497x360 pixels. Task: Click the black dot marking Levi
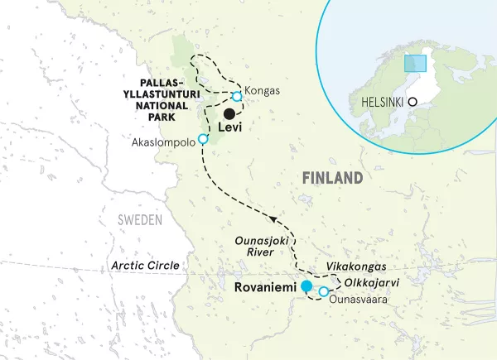tap(228, 113)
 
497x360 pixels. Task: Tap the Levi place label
tap(233, 129)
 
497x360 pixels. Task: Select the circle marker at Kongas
tap(237, 97)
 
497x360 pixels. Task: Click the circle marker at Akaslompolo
tap(203, 138)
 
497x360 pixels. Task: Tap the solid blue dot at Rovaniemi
tap(306, 286)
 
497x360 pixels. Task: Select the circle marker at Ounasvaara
tap(324, 291)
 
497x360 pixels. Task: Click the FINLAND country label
tap(332, 178)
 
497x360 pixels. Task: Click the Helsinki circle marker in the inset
tap(433, 103)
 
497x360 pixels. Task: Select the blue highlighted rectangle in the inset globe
tap(415, 63)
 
